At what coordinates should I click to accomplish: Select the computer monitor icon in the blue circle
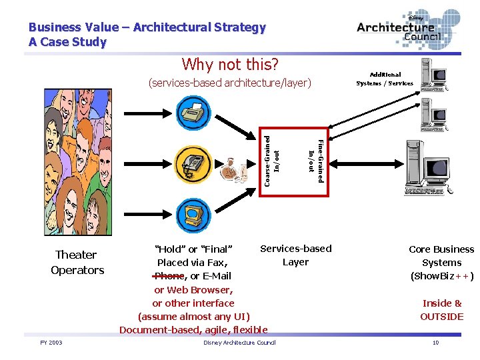pos(193,213)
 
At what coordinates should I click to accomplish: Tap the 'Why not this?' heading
pos(230,65)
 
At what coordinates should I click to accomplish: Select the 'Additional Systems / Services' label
pos(385,79)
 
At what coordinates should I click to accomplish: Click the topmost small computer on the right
pos(434,74)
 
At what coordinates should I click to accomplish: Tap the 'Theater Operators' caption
pos(77,262)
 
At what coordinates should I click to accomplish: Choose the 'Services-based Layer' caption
pos(295,255)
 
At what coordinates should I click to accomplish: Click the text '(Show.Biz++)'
pos(441,276)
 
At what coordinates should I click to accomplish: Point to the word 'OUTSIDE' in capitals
pos(441,317)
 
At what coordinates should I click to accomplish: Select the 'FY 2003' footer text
pos(51,343)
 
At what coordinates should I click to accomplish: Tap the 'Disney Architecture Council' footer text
pos(239,343)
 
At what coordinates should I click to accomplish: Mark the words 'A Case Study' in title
pos(67,42)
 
